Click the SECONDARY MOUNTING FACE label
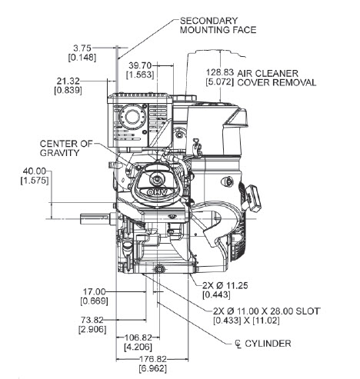tap(218, 25)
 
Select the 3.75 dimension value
tap(82, 48)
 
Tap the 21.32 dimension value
tap(68, 81)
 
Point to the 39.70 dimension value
tap(140, 65)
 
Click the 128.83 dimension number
tap(220, 72)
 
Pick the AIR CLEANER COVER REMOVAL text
tap(276, 78)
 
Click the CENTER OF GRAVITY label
tap(66, 148)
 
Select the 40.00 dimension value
tap(35, 171)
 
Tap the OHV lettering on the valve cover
tap(157, 192)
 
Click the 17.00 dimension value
tap(94, 291)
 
